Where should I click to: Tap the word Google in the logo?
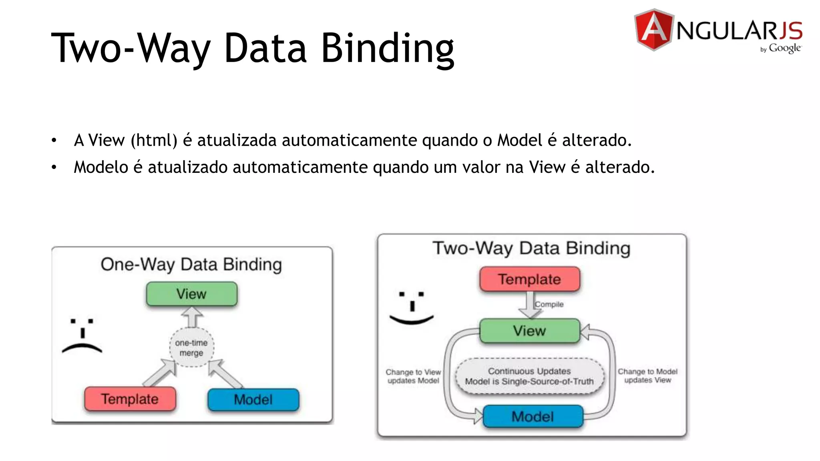[784, 48]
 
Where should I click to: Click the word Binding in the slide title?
[387, 48]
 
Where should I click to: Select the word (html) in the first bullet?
[154, 140]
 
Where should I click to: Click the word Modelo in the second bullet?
[100, 167]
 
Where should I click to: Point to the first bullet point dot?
[54, 140]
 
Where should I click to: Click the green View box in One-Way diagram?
[191, 294]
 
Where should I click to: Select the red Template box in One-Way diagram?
[130, 399]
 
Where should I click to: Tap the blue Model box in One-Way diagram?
[253, 399]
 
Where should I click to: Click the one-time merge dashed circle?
[191, 348]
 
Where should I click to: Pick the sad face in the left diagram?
[82, 335]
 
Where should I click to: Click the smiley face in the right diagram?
[412, 307]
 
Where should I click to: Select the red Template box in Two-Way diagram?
[529, 279]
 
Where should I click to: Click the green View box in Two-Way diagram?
[529, 331]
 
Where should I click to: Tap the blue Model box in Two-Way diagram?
[533, 417]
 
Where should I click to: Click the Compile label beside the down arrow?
[549, 305]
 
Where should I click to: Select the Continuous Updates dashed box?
[529, 376]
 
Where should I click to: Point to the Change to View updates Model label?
[413, 376]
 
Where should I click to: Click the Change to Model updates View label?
[647, 376]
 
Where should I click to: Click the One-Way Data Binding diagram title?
[191, 265]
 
